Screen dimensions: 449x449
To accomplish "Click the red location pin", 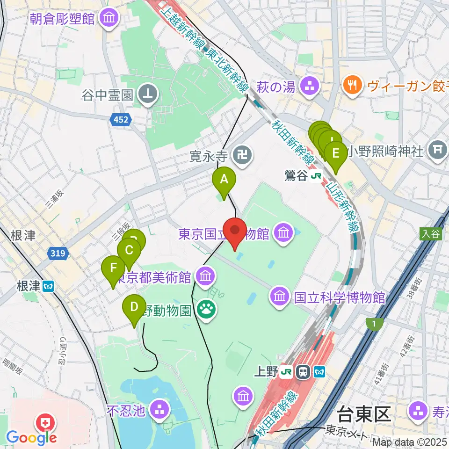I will coord(235,232).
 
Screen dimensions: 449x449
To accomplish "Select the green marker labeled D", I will coord(134,308).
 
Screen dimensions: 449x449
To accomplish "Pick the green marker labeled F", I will coord(113,269).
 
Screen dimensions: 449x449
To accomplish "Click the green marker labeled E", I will coord(335,154).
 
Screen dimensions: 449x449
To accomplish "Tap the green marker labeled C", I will coord(129,252).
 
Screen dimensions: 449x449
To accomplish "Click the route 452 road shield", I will coord(120,121).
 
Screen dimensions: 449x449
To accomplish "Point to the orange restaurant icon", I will coord(350,85).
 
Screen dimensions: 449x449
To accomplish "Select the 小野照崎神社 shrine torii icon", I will coord(438,151).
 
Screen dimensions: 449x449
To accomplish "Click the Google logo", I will coord(32,438).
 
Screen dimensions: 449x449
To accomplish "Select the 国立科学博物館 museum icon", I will coord(279,296).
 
